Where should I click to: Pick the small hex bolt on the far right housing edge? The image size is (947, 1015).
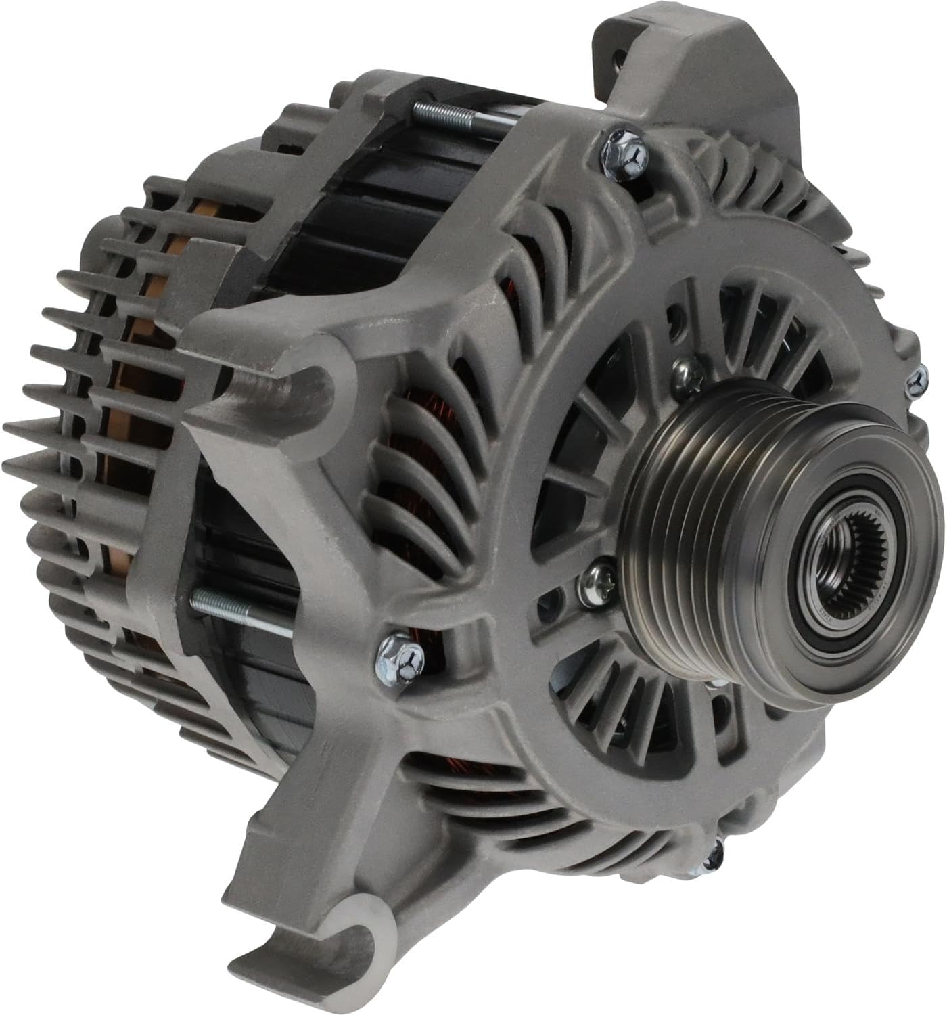pyautogui.click(x=918, y=379)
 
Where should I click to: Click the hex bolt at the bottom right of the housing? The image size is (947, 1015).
pyautogui.click(x=712, y=859)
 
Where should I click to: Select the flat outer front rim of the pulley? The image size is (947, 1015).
pyautogui.click(x=879, y=609)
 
